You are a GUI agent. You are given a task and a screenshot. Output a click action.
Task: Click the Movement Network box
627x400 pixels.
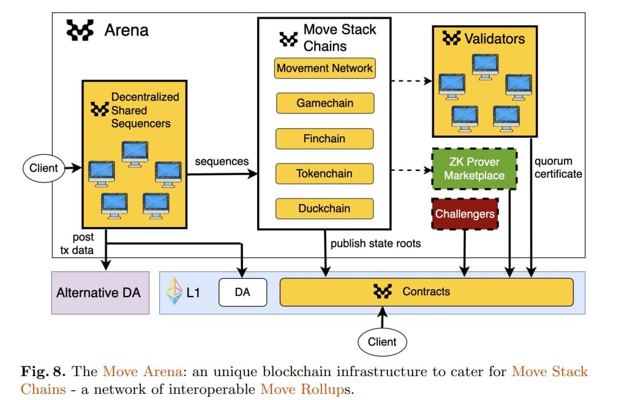(x=325, y=68)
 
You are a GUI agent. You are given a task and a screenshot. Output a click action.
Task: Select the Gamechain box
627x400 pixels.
(x=325, y=103)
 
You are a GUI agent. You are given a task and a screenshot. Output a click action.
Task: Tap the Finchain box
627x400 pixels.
(x=325, y=138)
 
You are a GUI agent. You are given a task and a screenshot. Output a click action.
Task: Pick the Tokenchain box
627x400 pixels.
(x=325, y=173)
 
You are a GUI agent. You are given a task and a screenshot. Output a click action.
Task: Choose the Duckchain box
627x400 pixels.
(x=325, y=208)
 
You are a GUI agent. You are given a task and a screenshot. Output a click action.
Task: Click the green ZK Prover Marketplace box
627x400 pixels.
(x=475, y=168)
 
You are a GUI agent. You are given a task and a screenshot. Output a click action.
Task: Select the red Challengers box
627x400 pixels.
(x=464, y=214)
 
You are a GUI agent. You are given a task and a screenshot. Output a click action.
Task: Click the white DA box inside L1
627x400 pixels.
(x=242, y=292)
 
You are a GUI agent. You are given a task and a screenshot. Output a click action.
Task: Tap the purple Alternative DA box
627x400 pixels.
(x=99, y=293)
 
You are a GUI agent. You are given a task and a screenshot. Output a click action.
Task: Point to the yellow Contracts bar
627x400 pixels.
(x=426, y=292)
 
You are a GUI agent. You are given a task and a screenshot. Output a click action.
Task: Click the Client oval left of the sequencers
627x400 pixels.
(x=43, y=168)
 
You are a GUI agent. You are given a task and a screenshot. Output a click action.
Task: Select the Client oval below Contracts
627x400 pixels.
(x=382, y=342)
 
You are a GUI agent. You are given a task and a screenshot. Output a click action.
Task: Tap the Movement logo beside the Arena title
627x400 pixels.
(x=80, y=29)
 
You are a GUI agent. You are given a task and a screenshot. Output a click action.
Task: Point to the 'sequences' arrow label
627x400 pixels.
(x=222, y=162)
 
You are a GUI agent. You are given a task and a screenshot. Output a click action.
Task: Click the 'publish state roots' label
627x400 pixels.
(x=375, y=243)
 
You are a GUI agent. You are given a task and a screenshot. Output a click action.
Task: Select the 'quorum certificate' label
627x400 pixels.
(x=557, y=168)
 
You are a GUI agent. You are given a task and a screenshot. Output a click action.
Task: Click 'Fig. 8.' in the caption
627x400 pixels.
(x=39, y=371)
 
